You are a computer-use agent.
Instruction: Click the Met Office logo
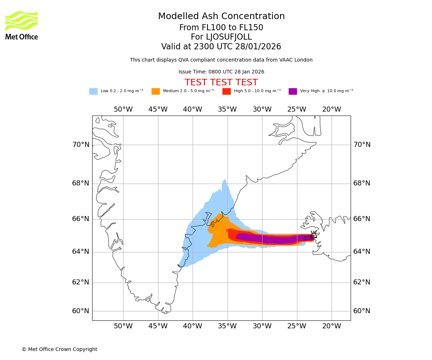click(22, 25)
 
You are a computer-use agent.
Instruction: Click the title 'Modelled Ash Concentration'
click(221, 17)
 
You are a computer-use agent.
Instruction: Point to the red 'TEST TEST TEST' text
click(221, 82)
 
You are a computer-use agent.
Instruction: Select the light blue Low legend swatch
click(93, 91)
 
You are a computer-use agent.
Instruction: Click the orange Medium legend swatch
click(156, 91)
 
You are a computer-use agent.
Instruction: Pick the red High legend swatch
click(226, 91)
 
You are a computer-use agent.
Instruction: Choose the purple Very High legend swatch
click(293, 91)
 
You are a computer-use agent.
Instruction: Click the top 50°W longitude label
click(123, 109)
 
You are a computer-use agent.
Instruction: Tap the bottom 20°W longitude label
click(332, 326)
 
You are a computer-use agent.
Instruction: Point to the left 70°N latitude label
click(81, 145)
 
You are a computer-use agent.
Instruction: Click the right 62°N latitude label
click(362, 282)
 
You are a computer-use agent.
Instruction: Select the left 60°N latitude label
click(81, 311)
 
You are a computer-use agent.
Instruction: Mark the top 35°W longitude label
click(227, 109)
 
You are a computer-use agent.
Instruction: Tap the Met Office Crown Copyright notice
click(59, 349)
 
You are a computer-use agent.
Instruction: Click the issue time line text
click(221, 72)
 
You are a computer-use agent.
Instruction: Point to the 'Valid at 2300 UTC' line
click(221, 47)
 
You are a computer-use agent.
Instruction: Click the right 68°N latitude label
click(362, 183)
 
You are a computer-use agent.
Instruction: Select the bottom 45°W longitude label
click(158, 326)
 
